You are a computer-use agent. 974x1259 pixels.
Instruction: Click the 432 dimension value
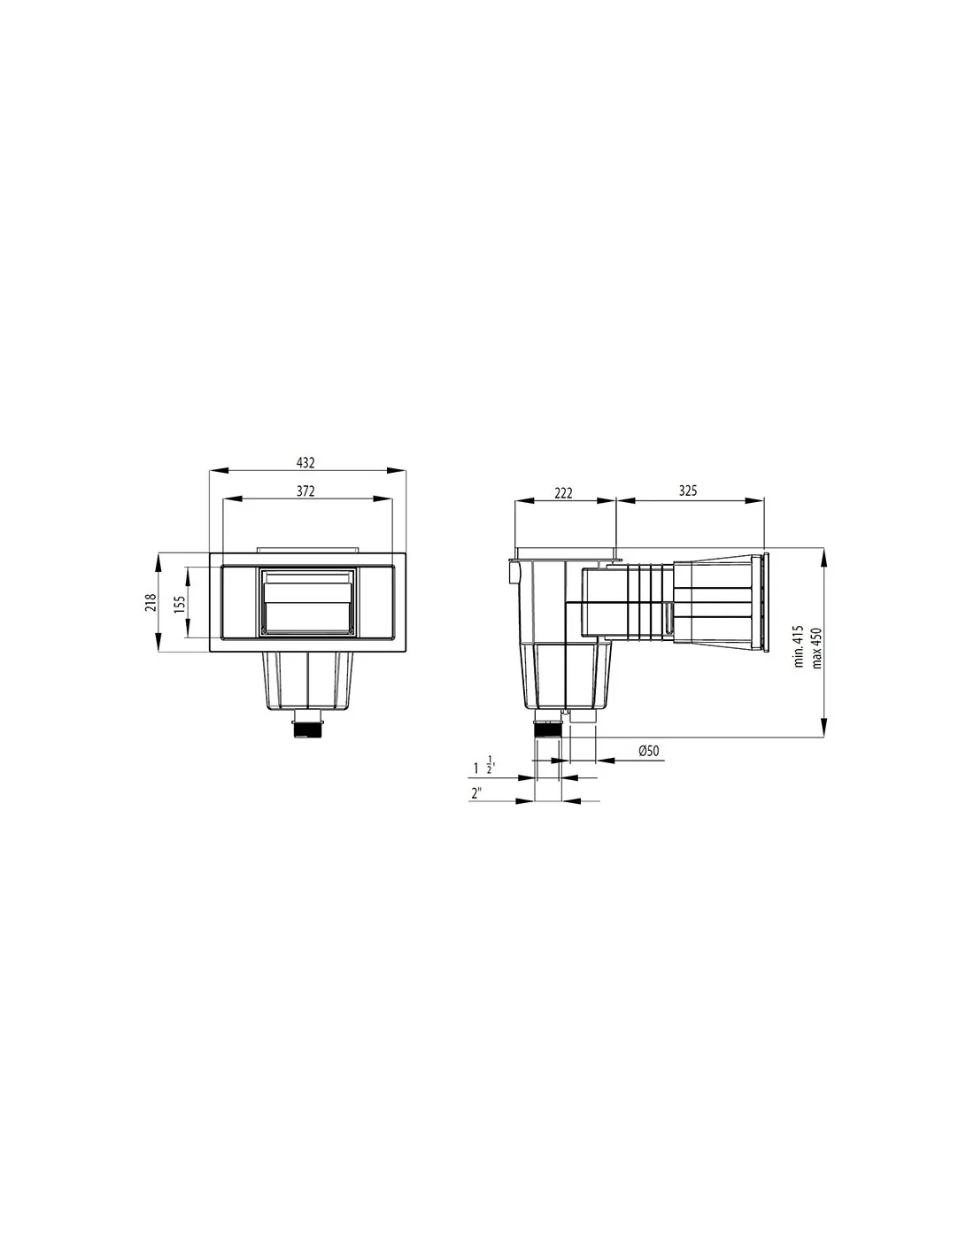[x=305, y=462]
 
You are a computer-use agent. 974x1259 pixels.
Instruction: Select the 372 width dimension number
[x=305, y=490]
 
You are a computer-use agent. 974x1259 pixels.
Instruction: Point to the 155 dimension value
[x=180, y=604]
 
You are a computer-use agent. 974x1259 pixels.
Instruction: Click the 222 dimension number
[x=563, y=492]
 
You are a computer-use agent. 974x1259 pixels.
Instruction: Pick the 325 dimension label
[x=688, y=490]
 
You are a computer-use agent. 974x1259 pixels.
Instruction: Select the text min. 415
[x=799, y=646]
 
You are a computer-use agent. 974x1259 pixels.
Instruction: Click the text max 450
[x=816, y=648]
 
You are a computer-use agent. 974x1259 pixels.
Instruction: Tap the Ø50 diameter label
[x=649, y=750]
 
